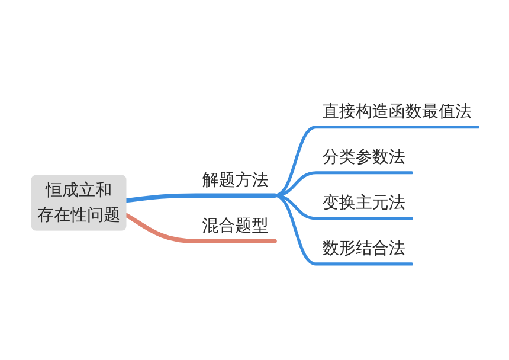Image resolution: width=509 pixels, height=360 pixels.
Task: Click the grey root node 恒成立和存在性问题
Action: coord(79,202)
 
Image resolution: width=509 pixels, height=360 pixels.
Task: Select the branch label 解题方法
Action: coord(235,180)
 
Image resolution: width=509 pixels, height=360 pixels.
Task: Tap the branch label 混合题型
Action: coord(235,225)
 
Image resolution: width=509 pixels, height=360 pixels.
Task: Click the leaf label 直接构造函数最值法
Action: coord(397,111)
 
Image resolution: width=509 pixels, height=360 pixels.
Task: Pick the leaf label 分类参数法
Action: coord(363,157)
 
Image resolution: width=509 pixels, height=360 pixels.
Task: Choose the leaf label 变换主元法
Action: coord(363,202)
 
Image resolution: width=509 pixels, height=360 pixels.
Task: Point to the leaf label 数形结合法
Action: coord(363,248)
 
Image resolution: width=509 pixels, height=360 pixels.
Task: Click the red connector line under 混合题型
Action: coord(195,240)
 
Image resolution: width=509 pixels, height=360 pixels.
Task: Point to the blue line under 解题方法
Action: coord(201,195)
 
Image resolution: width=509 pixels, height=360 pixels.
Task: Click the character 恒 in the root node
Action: coord(53,190)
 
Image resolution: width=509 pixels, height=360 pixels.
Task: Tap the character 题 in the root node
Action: coord(112,215)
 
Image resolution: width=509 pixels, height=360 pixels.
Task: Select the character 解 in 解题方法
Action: coord(210,180)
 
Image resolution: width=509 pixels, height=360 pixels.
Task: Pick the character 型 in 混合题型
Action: coord(260,225)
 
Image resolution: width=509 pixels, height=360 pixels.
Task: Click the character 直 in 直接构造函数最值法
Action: coord(331,111)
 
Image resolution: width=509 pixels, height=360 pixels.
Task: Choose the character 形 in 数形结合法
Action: coord(347,248)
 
